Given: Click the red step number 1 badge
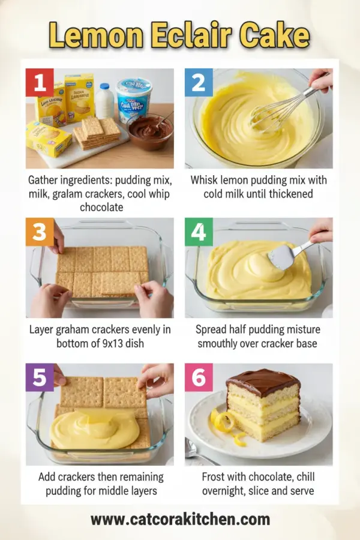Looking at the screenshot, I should (40, 82).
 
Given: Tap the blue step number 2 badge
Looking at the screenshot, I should (199, 82).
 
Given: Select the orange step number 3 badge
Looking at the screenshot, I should (40, 232).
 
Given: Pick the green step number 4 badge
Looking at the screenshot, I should (199, 232).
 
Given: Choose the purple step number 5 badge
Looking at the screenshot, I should (40, 377).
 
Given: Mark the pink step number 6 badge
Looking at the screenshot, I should (199, 377).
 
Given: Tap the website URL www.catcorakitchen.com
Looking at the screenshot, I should (180, 519).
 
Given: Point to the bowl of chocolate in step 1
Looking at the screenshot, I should (149, 131).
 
